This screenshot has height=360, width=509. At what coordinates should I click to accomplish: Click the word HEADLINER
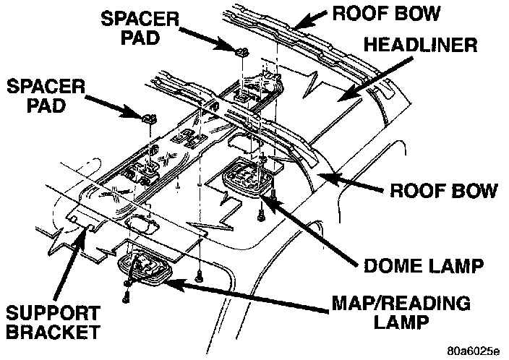(x=419, y=46)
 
